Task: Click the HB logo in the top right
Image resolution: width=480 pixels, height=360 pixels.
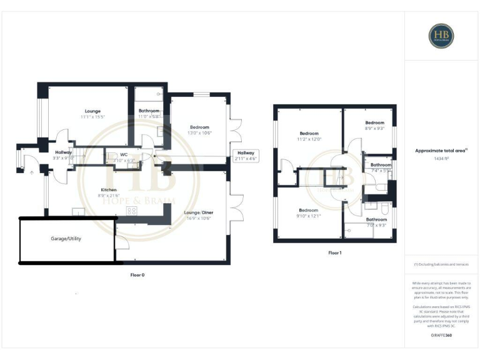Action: tap(441, 36)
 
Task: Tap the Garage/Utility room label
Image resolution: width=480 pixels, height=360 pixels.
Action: tap(66, 239)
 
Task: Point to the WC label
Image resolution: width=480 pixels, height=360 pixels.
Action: tap(124, 154)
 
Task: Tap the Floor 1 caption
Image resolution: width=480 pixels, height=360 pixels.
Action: tap(334, 253)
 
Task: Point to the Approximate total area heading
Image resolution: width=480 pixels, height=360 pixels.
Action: tap(441, 151)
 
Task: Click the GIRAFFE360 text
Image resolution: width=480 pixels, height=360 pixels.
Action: tap(441, 336)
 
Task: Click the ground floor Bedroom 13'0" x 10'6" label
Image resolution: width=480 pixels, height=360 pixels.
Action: tap(200, 130)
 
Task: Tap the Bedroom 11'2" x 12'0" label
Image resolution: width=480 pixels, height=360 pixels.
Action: tap(309, 136)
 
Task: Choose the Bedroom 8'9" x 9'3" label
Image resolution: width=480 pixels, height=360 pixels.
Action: tap(374, 125)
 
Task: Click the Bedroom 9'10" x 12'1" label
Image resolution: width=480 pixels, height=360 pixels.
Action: tap(308, 213)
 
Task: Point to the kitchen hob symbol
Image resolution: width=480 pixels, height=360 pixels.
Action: tap(132, 210)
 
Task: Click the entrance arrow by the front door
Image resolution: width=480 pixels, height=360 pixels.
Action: tap(31, 172)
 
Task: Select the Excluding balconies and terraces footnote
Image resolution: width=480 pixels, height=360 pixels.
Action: tap(441, 264)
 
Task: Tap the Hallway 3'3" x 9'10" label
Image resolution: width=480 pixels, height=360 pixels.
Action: tap(64, 155)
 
